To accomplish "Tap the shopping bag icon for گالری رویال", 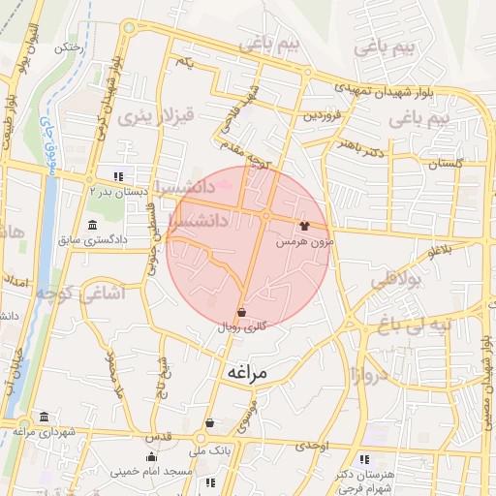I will click(241, 312).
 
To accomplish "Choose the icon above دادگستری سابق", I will click(92, 225).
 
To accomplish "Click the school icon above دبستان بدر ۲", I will click(118, 177).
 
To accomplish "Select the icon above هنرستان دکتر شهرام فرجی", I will click(364, 459).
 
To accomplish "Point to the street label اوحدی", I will click(314, 446).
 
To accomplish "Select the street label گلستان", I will click(435, 165).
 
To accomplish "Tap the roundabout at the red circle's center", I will click(265, 215).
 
